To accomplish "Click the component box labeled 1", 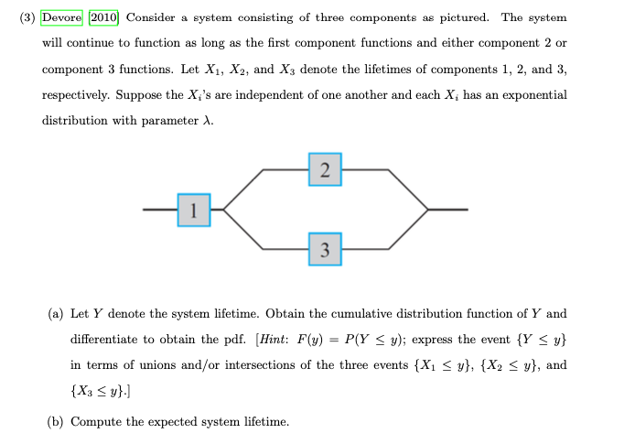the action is (x=194, y=210).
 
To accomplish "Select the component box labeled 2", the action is (x=325, y=169).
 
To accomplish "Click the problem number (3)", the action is (x=27, y=17).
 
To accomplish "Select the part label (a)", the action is (x=56, y=314).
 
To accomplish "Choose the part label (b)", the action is (x=56, y=422).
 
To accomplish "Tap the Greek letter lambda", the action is (x=209, y=121).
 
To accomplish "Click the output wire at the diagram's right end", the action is (x=448, y=210).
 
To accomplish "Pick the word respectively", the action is (x=80, y=95).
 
